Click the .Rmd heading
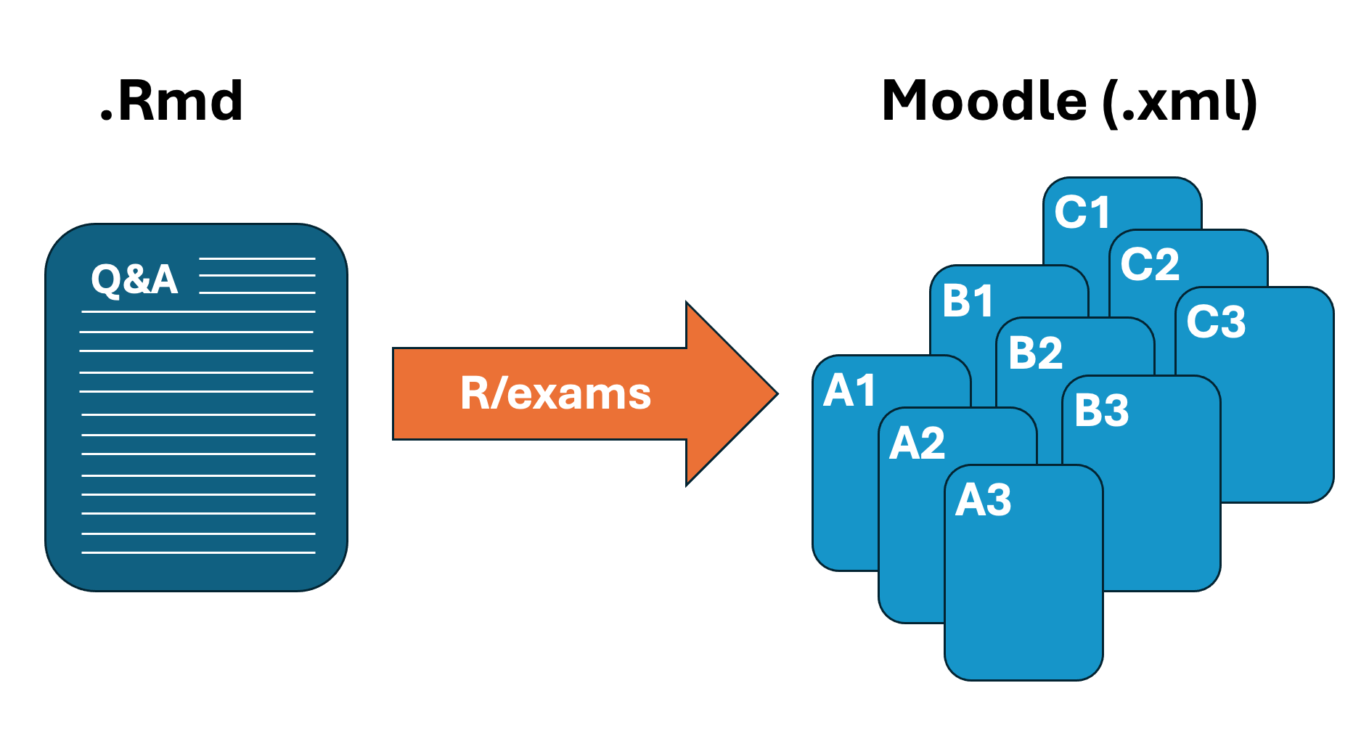coord(171,101)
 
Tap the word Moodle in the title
coord(984,100)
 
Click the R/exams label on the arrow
coord(555,394)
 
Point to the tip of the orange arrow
coord(778,394)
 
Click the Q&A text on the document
coord(134,279)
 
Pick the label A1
coord(849,391)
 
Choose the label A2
coord(918,443)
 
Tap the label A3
coord(984,500)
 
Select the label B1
coord(968,300)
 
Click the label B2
coord(1036,353)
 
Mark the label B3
coord(1102,411)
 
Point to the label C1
coord(1082,213)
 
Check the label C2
coord(1150,264)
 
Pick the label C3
coord(1216,322)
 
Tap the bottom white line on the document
coord(198,553)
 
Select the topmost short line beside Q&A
coord(257,258)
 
